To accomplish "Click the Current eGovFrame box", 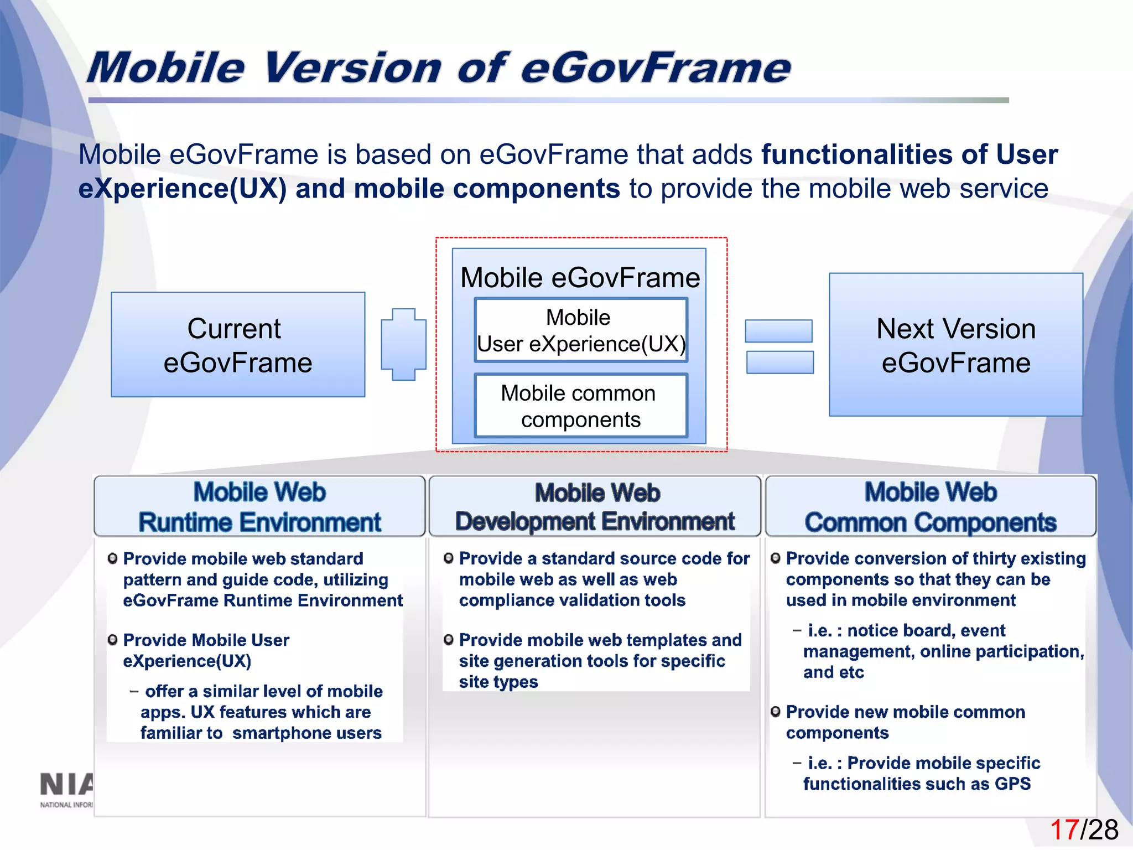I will (x=238, y=345).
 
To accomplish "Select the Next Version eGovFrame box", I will (x=955, y=345).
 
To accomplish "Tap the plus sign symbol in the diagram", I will (x=404, y=344).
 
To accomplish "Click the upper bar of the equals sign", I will (x=778, y=331).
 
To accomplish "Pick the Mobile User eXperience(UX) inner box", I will (x=581, y=330).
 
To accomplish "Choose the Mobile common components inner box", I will (x=581, y=406).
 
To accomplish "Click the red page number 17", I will (x=1064, y=830).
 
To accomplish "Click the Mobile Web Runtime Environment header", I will (x=259, y=506).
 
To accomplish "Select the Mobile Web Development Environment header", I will (x=595, y=506).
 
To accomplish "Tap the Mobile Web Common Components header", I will (x=931, y=506).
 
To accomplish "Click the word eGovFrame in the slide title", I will (x=656, y=68).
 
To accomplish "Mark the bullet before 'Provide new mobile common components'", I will (x=776, y=712).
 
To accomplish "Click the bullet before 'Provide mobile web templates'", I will (x=449, y=640).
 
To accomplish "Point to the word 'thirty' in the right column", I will (x=994, y=558).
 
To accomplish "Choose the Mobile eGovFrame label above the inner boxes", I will (x=580, y=278).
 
